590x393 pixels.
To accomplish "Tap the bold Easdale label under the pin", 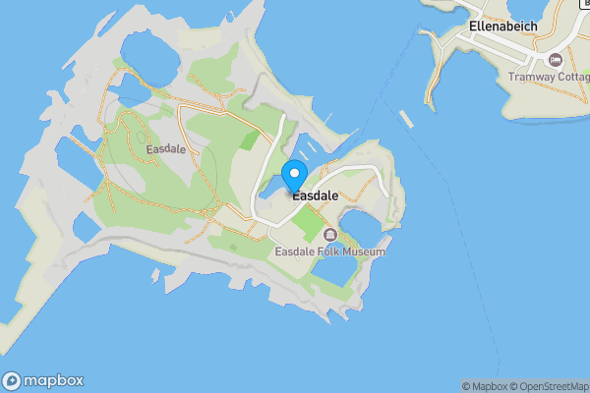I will click(315, 196).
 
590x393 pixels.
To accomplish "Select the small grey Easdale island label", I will click(165, 149).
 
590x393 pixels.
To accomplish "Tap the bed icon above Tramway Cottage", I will click(556, 60).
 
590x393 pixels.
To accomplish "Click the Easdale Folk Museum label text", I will click(329, 252).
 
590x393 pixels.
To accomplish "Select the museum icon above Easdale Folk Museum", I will click(329, 235).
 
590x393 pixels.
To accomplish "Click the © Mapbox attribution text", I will click(484, 386).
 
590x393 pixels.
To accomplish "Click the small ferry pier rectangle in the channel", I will click(405, 119).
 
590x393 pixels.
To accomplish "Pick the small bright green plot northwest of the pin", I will click(250, 140).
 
